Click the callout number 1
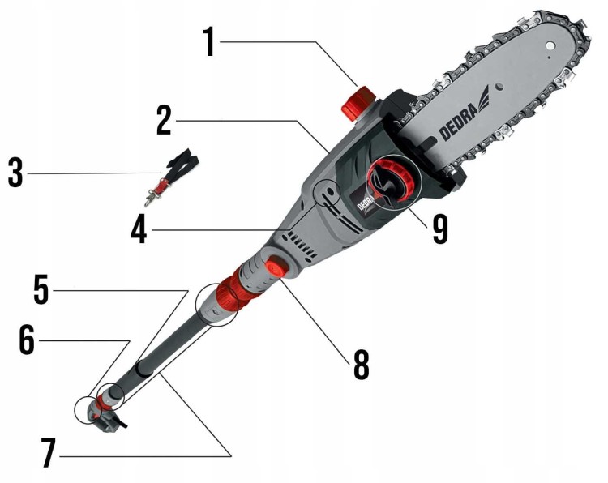pyautogui.click(x=209, y=42)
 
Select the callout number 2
pyautogui.click(x=164, y=121)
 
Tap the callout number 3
pyautogui.click(x=15, y=173)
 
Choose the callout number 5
pyautogui.click(x=41, y=289)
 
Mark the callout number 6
pyautogui.click(x=27, y=340)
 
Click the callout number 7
pyautogui.click(x=48, y=453)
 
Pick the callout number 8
pyautogui.click(x=362, y=365)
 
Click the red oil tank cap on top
pyautogui.click(x=358, y=102)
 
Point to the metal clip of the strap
pyautogui.click(x=150, y=199)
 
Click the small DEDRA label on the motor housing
pyautogui.click(x=365, y=202)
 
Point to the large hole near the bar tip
pyautogui.click(x=549, y=45)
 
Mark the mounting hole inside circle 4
pyautogui.click(x=329, y=190)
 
